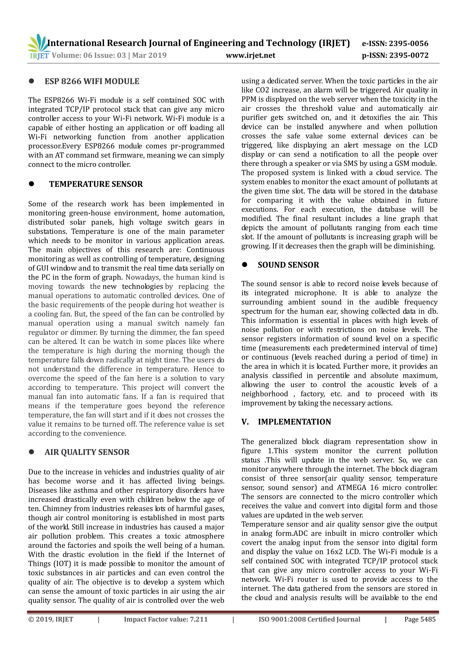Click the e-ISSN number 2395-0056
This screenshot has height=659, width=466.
(x=408, y=44)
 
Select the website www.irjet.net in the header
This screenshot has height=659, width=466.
(x=251, y=55)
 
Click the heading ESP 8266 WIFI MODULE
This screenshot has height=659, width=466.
(x=92, y=81)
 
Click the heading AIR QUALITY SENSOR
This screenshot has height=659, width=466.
(x=87, y=452)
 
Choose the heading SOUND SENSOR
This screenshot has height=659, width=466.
(x=288, y=265)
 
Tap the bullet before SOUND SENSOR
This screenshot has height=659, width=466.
(x=244, y=265)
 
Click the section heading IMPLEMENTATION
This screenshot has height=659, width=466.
(x=294, y=422)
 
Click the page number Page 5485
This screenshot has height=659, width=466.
(x=420, y=619)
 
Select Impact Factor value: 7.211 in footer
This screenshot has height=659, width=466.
(x=166, y=619)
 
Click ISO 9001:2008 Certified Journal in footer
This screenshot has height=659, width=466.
(x=309, y=619)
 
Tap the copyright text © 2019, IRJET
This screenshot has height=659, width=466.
(x=51, y=619)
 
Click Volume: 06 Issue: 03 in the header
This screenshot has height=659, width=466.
(x=89, y=55)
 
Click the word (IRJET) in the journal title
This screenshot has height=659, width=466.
(x=334, y=43)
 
